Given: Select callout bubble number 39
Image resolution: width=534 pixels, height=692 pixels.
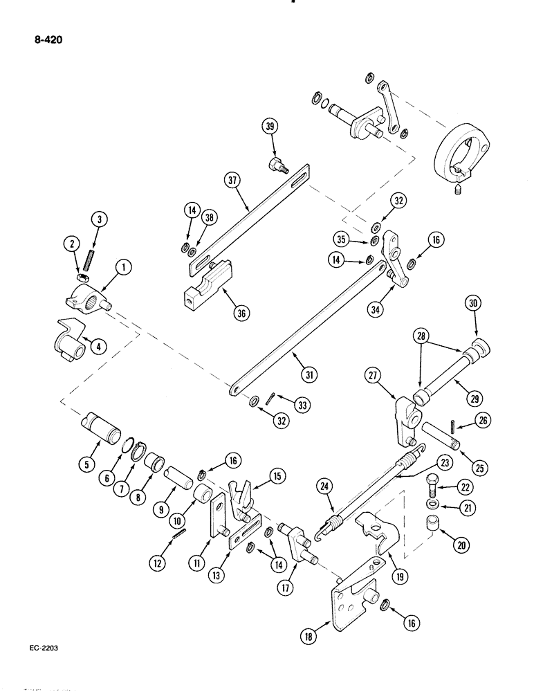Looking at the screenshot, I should [270, 126].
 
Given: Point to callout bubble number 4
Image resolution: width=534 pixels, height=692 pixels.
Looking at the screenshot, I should [98, 347].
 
